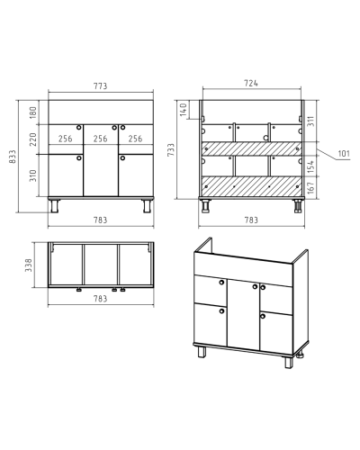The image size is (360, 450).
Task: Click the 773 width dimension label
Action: click(100, 86)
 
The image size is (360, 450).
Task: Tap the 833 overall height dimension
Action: click(13, 157)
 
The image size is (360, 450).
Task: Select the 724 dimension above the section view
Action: click(251, 83)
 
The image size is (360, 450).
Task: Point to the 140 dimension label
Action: click(184, 110)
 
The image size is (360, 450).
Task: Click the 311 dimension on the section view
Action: click(310, 121)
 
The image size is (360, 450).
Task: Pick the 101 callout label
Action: click(344, 154)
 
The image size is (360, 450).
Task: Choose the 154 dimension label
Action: click(310, 166)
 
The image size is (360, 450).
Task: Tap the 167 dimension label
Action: click(310, 187)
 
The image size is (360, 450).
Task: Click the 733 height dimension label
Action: click(171, 149)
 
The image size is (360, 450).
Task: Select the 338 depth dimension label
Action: click(29, 265)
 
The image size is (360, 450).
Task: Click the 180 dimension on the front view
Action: click(33, 112)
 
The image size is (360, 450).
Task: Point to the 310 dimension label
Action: click(33, 175)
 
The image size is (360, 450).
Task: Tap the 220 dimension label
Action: click(33, 139)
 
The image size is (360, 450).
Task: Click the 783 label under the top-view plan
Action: click(100, 299)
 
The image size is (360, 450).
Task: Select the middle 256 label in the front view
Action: click(100, 139)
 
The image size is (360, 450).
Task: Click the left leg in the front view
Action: click(55, 206)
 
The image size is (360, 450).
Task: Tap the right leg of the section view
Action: click(298, 206)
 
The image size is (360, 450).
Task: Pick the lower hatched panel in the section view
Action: click(251, 187)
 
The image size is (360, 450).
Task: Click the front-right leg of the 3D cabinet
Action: click(289, 362)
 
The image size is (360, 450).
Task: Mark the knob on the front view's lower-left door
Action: click(79, 158)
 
